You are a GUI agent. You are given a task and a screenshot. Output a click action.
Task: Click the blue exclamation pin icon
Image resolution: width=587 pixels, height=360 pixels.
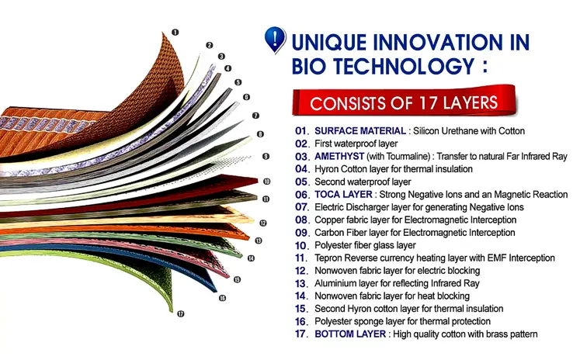click(x=274, y=39)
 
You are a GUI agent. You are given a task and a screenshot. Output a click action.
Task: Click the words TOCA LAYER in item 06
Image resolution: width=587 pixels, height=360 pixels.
click(x=344, y=194)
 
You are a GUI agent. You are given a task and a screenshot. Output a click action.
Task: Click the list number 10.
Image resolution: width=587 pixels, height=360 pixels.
click(x=302, y=245)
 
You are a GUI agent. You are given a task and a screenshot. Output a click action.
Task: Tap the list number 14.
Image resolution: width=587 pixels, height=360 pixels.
click(x=302, y=296)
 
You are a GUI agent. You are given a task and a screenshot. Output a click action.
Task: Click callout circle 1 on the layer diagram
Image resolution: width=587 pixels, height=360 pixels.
click(x=175, y=32)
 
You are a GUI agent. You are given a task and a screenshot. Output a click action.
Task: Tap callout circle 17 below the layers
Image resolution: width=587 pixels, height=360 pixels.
click(x=180, y=314)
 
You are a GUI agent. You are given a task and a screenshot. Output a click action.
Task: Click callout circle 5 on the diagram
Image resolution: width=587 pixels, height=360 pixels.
click(x=238, y=81)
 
